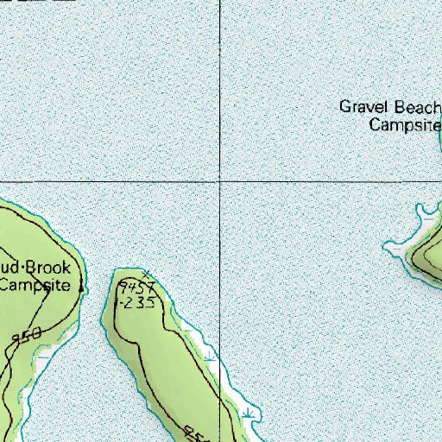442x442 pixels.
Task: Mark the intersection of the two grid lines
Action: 220,182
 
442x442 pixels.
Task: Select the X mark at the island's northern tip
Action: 145,275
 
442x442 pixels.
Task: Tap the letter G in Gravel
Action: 344,108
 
